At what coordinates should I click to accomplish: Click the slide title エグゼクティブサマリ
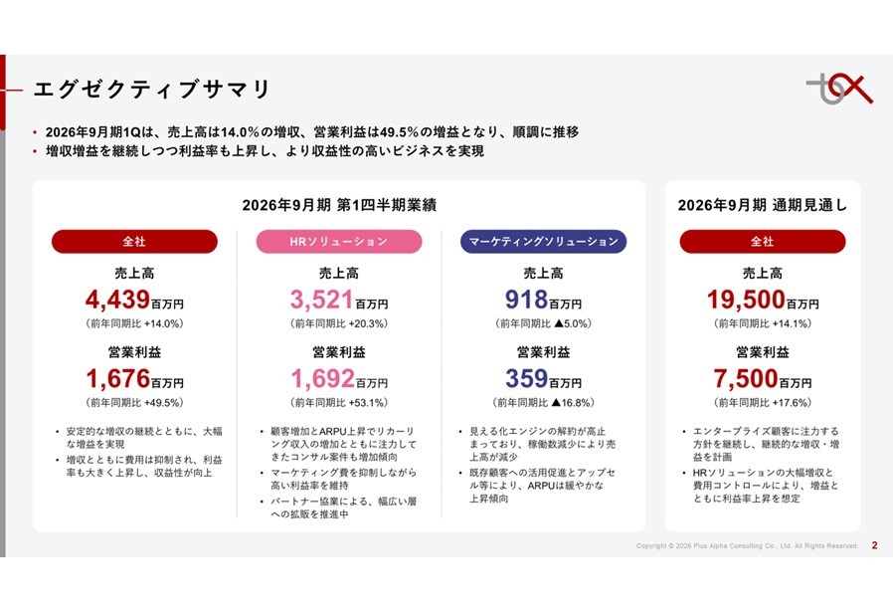(152, 90)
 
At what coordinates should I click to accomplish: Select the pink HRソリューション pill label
(338, 242)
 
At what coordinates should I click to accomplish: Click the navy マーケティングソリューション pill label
(543, 242)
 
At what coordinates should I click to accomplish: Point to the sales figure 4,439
(118, 300)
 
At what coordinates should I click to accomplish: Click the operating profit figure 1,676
(118, 378)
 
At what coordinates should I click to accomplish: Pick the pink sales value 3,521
(322, 300)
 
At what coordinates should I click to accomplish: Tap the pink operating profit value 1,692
(322, 378)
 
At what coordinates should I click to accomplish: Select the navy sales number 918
(527, 300)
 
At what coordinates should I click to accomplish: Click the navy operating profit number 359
(527, 378)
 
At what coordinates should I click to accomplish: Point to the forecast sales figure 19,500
(746, 300)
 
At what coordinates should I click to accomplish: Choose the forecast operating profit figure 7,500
(746, 378)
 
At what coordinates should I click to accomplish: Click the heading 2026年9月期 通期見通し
(762, 205)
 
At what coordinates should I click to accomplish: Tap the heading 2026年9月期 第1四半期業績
(339, 205)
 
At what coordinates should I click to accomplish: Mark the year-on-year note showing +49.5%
(134, 403)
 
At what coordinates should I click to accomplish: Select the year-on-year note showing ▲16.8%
(543, 403)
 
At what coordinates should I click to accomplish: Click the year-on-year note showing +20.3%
(339, 324)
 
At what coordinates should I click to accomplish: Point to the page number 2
(874, 544)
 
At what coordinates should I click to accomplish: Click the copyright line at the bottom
(747, 545)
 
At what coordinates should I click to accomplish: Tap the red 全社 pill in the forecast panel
(763, 242)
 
